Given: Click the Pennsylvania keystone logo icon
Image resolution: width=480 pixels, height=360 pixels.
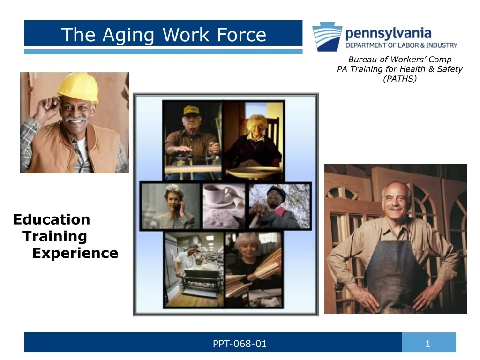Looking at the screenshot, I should (327, 36).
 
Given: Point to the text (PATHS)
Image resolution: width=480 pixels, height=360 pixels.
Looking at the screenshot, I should (399, 79).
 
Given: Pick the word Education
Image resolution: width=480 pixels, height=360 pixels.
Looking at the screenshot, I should (52, 219).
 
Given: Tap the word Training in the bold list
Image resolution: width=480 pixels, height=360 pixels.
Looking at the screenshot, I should (55, 236).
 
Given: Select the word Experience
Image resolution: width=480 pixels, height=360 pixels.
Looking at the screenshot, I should (75, 253).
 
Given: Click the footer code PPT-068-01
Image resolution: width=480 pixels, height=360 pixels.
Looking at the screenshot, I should (240, 344).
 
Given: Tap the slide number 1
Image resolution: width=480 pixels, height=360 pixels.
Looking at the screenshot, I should (427, 344).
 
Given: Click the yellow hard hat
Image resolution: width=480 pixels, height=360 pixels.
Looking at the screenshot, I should (78, 88).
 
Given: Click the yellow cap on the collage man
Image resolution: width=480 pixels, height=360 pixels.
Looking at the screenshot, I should (191, 111).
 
